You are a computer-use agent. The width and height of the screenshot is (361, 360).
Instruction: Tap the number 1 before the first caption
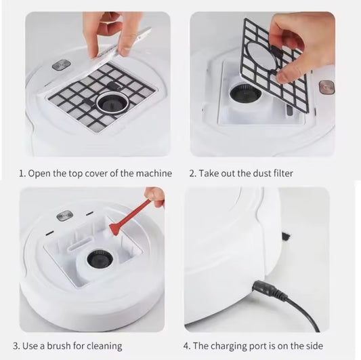22,174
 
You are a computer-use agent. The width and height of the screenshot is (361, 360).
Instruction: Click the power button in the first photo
62,64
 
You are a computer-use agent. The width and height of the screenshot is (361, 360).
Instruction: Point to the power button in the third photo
64,216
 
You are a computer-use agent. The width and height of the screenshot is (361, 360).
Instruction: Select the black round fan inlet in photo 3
100,259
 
